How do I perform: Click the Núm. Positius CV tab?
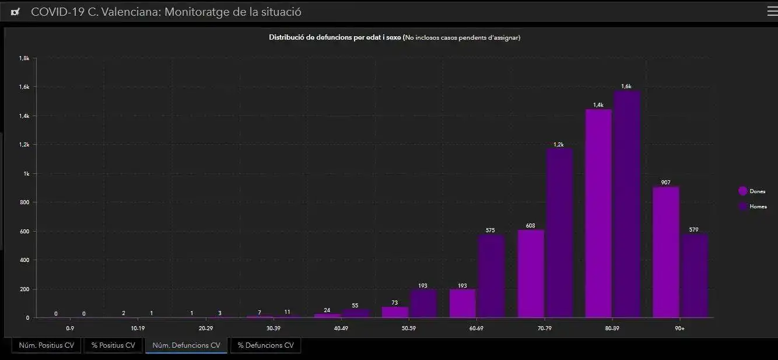(x=47, y=345)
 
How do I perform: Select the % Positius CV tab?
(x=113, y=345)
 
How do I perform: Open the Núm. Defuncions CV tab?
(x=186, y=345)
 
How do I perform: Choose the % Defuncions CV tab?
(x=265, y=345)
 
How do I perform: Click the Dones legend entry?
(x=752, y=191)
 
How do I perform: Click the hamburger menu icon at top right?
(x=772, y=11)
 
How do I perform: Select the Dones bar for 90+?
(x=666, y=252)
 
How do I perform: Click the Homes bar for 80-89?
(x=626, y=204)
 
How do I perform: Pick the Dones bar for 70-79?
(x=531, y=274)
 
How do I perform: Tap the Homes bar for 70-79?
(x=559, y=233)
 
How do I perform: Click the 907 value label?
(x=666, y=183)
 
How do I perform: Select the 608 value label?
(x=530, y=226)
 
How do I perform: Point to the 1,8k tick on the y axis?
(x=24, y=58)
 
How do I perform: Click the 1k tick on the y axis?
(x=26, y=174)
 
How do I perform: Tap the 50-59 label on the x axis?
(x=409, y=328)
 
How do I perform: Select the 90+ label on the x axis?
(x=680, y=328)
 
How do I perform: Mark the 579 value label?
(x=693, y=230)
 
